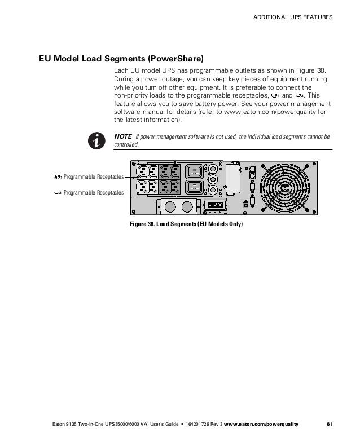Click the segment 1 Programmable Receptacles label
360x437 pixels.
point(93,177)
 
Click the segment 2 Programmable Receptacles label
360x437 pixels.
point(93,193)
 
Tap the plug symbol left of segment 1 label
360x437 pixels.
point(56,177)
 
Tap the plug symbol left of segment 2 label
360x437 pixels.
point(56,193)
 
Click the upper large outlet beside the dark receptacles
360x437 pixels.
point(192,171)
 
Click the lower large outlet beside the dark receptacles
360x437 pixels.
point(192,187)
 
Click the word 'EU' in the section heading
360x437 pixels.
point(46,58)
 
